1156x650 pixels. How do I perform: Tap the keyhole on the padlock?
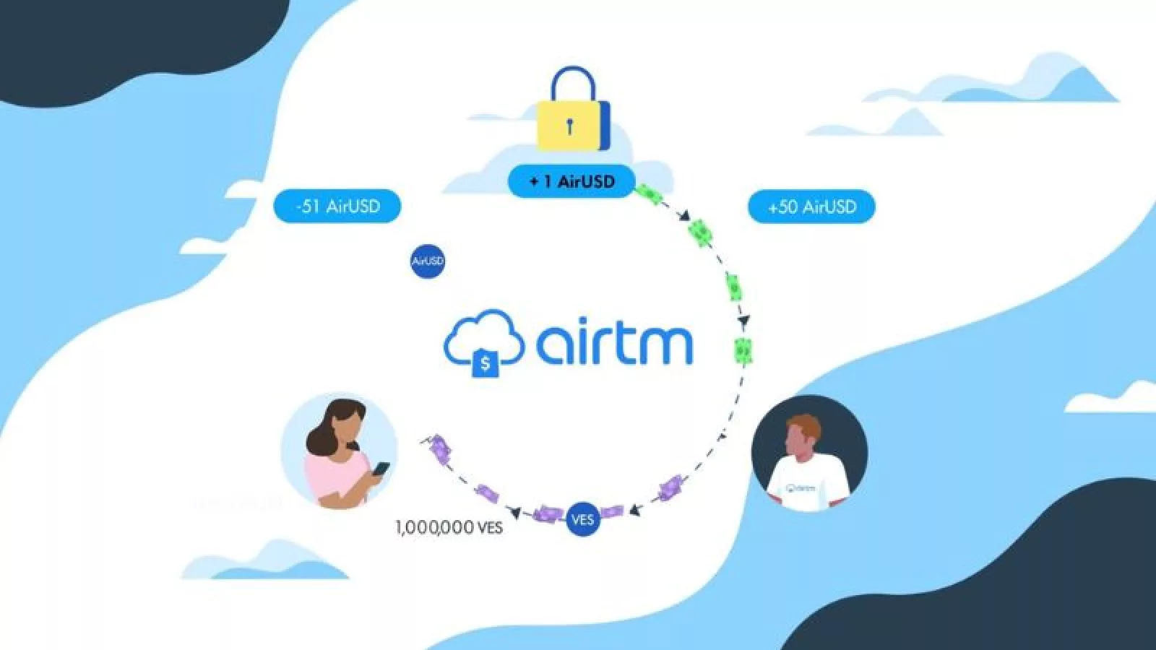570,127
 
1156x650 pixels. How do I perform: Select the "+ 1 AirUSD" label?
571,181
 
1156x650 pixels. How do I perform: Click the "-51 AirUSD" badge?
337,206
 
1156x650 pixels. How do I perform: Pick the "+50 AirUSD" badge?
811,207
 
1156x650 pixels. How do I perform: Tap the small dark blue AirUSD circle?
427,261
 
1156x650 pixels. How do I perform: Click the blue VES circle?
582,519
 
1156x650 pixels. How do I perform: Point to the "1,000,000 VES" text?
449,527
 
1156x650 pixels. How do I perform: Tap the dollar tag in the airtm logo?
486,363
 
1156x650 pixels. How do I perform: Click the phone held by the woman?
381,469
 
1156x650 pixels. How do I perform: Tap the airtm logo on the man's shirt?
801,487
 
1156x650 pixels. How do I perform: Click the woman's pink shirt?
325,477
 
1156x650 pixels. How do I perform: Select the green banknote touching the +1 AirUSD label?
649,194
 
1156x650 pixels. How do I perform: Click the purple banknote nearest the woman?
440,448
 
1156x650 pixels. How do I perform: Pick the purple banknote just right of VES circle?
611,511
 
